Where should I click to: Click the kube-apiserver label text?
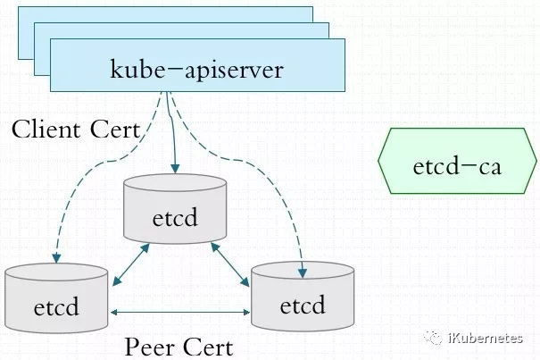point(196,70)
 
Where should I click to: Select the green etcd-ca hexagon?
point(457,160)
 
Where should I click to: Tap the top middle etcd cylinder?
point(175,209)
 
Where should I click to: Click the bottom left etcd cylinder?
point(56,298)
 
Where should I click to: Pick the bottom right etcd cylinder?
point(303,297)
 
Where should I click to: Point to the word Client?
point(46,130)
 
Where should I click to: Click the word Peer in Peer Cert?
point(148,347)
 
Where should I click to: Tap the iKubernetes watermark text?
point(486,339)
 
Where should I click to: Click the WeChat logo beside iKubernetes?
point(433,338)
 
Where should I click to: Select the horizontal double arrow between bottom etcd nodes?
point(180,313)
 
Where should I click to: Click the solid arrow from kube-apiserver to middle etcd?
point(171,132)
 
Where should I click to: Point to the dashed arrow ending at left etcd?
point(104,162)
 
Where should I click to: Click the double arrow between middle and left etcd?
point(131,264)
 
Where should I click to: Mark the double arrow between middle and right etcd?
point(230,264)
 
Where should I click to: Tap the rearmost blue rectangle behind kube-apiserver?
point(165,13)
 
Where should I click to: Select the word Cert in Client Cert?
point(115,130)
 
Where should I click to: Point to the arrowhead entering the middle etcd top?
point(175,168)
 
